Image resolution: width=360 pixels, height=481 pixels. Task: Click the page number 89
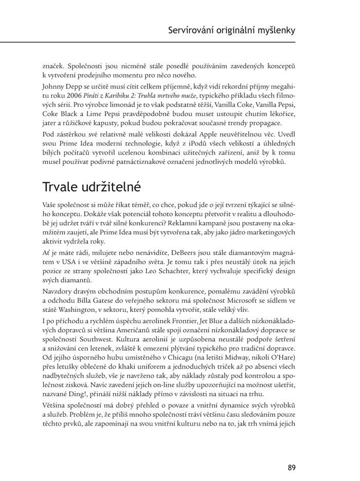[x=292, y=453]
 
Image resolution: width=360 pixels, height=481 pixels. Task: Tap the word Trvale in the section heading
[x=63, y=186]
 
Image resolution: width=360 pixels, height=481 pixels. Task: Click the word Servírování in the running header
[x=194, y=30]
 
